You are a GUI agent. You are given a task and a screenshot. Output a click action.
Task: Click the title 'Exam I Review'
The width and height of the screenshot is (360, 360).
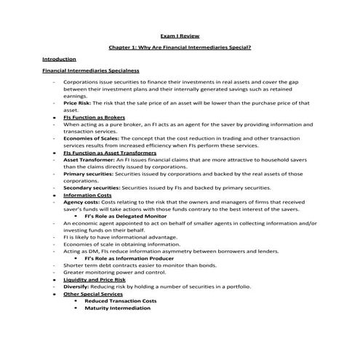pyautogui.click(x=179, y=35)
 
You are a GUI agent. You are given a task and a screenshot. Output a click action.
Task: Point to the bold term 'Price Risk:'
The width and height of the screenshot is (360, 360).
pyautogui.click(x=79, y=104)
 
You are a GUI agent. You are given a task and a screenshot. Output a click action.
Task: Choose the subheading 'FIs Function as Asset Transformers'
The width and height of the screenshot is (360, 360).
pyautogui.click(x=109, y=153)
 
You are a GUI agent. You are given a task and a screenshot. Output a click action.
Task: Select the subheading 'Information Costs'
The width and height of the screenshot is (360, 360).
pyautogui.click(x=87, y=195)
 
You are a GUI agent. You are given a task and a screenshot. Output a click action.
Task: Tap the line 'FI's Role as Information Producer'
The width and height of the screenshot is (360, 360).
pyautogui.click(x=130, y=258)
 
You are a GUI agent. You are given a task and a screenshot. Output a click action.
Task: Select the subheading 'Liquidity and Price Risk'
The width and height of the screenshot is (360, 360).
pyautogui.click(x=95, y=279)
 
